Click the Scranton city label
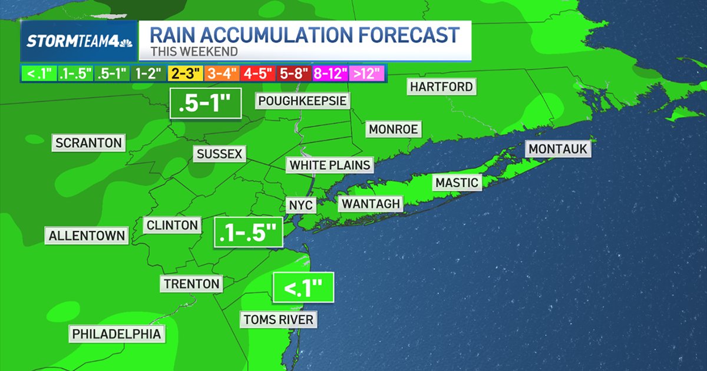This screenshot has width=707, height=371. [x=88, y=143]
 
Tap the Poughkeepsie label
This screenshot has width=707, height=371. [x=302, y=101]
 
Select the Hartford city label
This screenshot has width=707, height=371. [x=441, y=87]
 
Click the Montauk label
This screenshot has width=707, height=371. [x=558, y=149]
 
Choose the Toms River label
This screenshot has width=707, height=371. [x=278, y=320]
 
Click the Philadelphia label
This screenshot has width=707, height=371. [x=116, y=334]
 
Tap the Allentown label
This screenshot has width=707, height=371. [x=87, y=236]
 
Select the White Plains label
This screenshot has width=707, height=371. [x=330, y=165]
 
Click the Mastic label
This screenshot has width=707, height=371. [x=457, y=183]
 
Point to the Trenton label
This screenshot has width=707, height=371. [x=191, y=284]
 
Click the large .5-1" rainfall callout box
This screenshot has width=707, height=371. [x=206, y=104]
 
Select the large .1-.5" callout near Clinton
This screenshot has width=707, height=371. [x=247, y=233]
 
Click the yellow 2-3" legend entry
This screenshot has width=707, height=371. [x=186, y=74]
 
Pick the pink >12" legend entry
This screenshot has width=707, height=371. [x=367, y=74]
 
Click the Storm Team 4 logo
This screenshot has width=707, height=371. [x=79, y=41]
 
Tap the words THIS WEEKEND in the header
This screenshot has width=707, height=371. [x=194, y=51]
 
